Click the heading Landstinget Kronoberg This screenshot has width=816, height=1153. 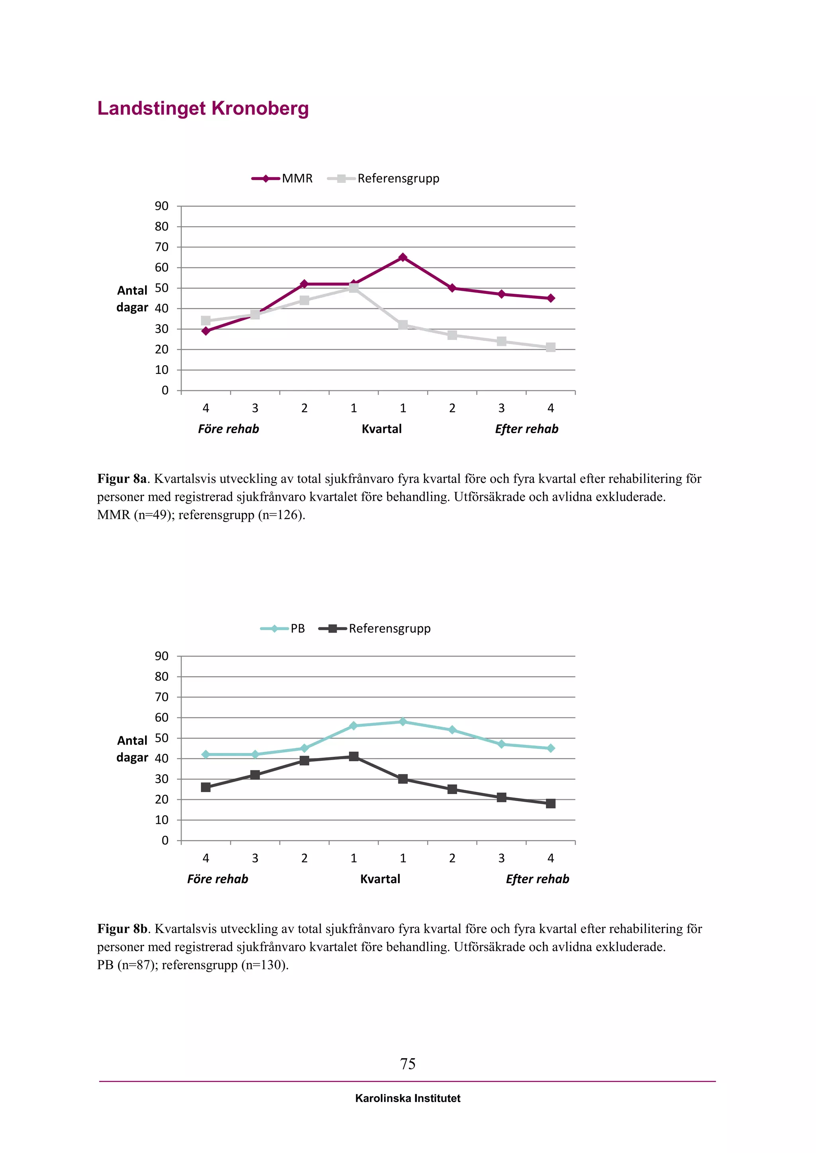[202, 108]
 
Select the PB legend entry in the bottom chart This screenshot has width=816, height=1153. [283, 628]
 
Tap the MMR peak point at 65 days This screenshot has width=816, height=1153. [402, 258]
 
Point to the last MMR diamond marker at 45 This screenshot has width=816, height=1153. [551, 298]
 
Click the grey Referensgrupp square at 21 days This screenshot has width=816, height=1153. [551, 348]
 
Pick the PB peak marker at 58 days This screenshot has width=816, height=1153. [402, 722]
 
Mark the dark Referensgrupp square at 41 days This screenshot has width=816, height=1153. [354, 756]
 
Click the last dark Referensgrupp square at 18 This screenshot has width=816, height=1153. [551, 803]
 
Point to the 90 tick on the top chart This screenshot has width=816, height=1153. [162, 206]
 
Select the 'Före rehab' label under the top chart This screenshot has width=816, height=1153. [229, 429]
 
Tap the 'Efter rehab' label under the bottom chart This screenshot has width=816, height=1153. [537, 879]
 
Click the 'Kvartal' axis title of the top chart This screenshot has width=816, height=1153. [381, 429]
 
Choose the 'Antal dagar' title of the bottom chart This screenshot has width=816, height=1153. [132, 749]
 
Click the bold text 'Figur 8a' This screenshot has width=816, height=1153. [122, 479]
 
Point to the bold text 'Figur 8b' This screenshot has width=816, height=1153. [122, 928]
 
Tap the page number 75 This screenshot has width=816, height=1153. [408, 1063]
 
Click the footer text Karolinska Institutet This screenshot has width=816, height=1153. [408, 1098]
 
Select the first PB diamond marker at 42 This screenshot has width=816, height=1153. [206, 754]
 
